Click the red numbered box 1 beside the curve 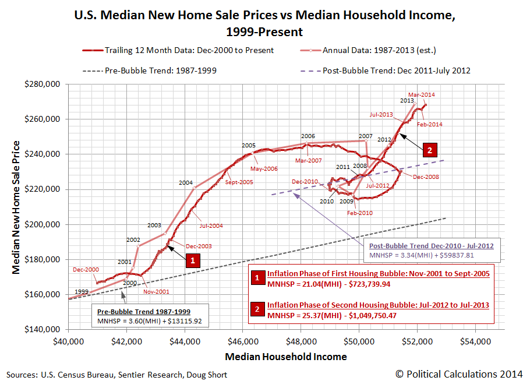191,261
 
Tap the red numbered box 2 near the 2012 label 429,149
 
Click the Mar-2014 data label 421,94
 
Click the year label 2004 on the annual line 186,182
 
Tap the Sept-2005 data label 239,182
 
